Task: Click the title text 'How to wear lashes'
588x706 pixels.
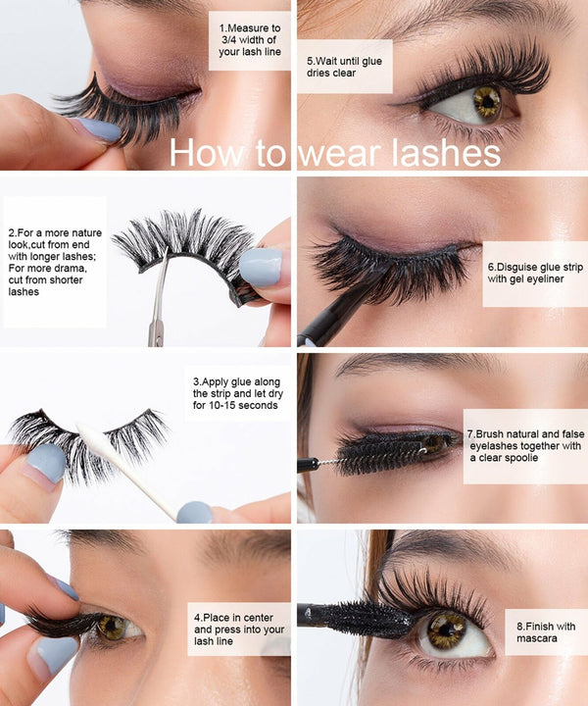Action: [x=335, y=153]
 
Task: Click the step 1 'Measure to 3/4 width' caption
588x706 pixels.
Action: [x=249, y=40]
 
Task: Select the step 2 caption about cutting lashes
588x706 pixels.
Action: [x=53, y=262]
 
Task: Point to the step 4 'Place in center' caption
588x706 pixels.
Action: [x=238, y=629]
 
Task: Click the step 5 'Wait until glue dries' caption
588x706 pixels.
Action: [x=344, y=68]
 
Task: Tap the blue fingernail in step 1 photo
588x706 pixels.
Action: [x=98, y=129]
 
